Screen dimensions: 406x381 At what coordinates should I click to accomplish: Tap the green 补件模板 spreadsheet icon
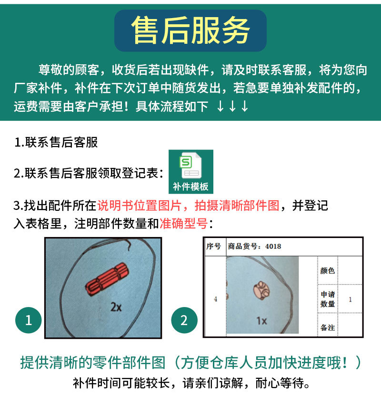pyautogui.click(x=190, y=171)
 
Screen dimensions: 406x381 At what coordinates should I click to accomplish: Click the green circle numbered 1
pyautogui.click(x=29, y=320)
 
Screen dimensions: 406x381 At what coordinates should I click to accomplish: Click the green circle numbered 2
pyautogui.click(x=184, y=320)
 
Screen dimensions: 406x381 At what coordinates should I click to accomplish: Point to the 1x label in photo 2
pyautogui.click(x=261, y=321)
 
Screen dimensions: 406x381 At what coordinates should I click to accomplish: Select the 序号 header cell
pyautogui.click(x=213, y=247)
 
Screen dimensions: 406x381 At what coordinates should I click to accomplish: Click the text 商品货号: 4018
pyautogui.click(x=254, y=247)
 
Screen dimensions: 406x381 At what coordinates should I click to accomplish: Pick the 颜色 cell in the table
pyautogui.click(x=328, y=270)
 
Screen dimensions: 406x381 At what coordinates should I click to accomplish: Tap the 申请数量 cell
pyautogui.click(x=328, y=299)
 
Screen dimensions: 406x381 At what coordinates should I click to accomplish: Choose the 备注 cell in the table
pyautogui.click(x=328, y=328)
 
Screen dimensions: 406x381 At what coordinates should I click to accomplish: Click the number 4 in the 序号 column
pyautogui.click(x=215, y=299)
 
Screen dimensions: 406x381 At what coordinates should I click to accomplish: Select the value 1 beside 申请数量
pyautogui.click(x=350, y=299)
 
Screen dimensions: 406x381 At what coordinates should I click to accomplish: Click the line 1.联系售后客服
pyautogui.click(x=56, y=142)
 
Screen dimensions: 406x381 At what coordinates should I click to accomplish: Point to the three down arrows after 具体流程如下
pyautogui.click(x=232, y=106)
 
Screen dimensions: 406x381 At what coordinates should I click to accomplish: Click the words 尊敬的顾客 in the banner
pyautogui.click(x=68, y=70)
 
